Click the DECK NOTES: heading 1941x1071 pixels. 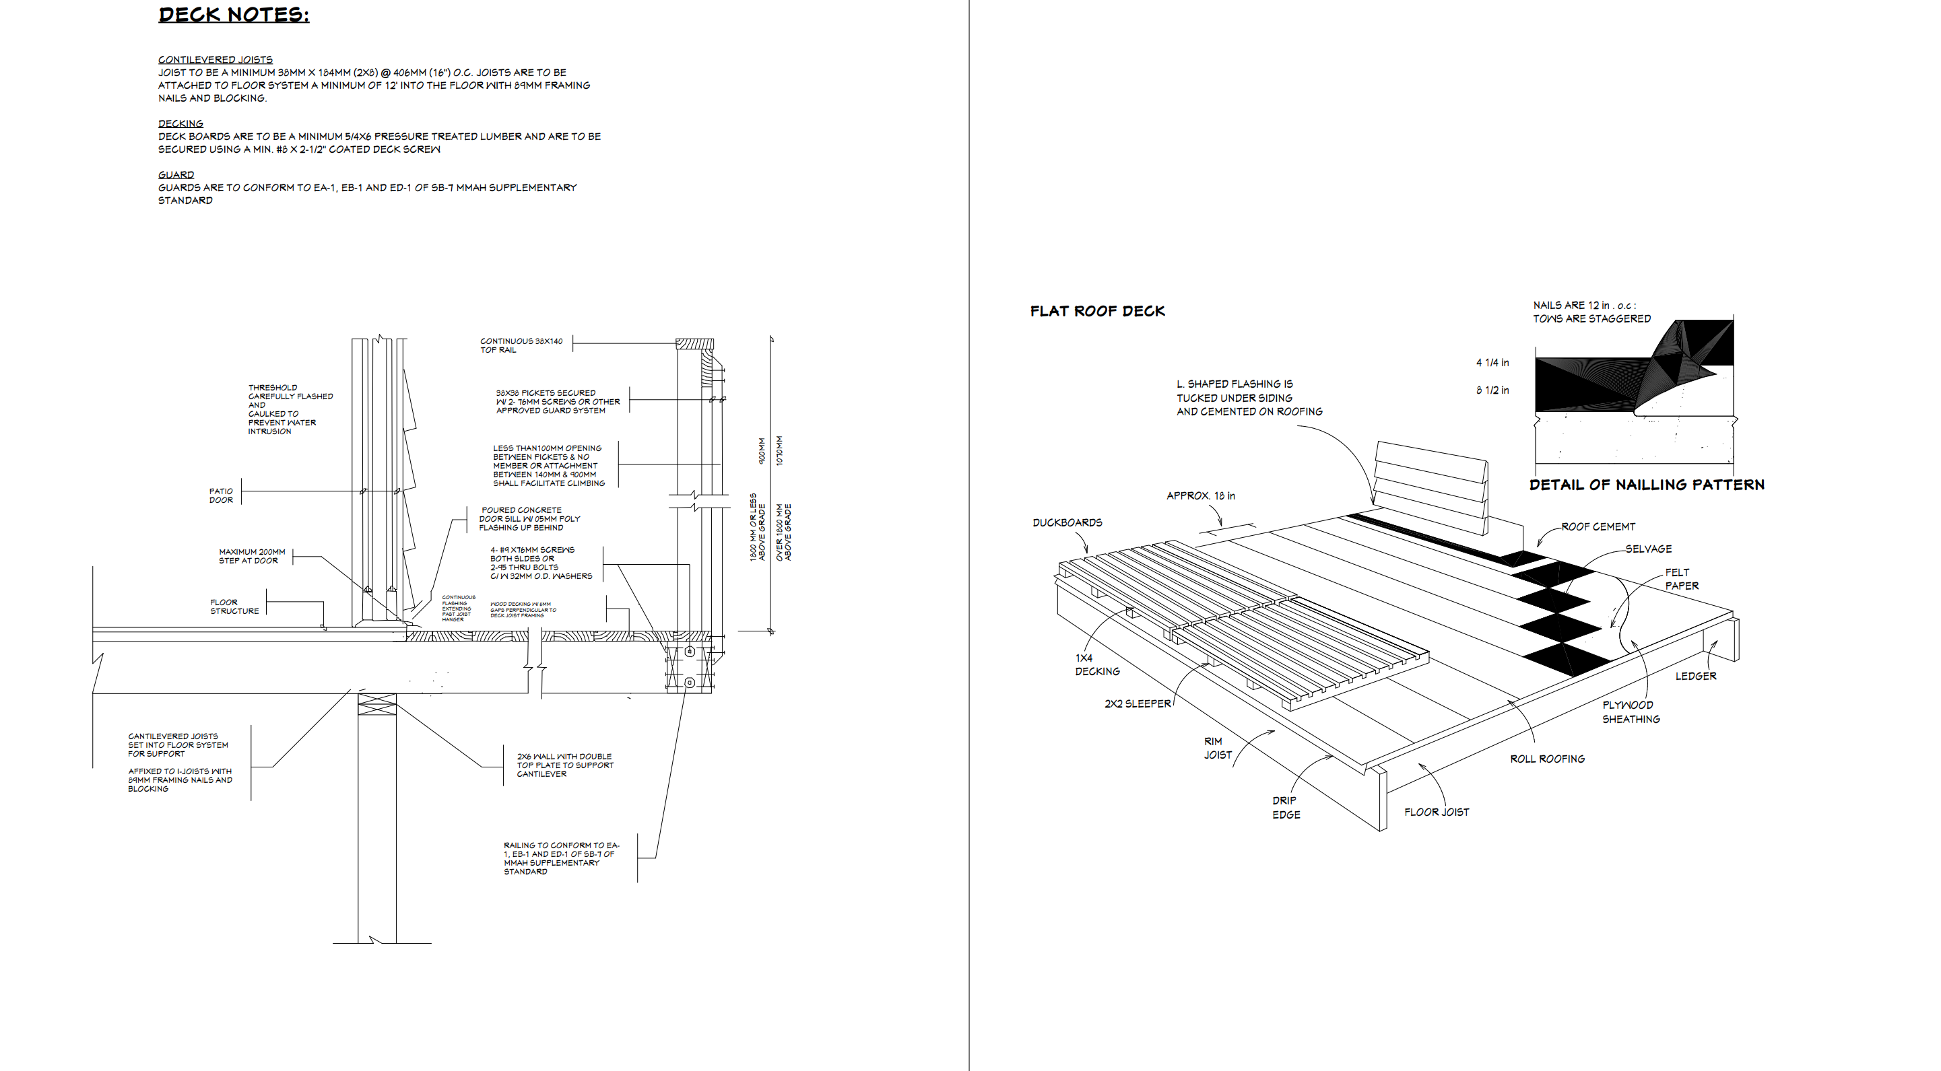(234, 15)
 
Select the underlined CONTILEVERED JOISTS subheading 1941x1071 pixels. (215, 59)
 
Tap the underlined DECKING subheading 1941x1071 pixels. (180, 123)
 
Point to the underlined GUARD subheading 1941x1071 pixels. (176, 175)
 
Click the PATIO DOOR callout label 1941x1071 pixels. (221, 495)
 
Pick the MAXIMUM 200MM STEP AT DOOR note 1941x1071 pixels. (252, 556)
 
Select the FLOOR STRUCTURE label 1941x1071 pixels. (234, 607)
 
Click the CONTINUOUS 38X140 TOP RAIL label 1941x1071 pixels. (521, 345)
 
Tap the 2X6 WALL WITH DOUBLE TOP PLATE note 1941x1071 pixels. (564, 765)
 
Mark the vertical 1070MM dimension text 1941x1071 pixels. (779, 450)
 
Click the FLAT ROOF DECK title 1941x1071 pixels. (1097, 311)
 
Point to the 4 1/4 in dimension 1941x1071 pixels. (1492, 363)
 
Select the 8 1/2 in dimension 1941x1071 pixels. (1492, 390)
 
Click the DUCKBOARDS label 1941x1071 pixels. (1067, 522)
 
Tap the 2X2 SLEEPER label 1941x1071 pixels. (1137, 704)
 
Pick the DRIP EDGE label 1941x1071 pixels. (1286, 807)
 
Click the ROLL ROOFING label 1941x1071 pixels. (1547, 759)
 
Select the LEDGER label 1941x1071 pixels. (1695, 677)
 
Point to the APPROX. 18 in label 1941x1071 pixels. (1200, 495)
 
